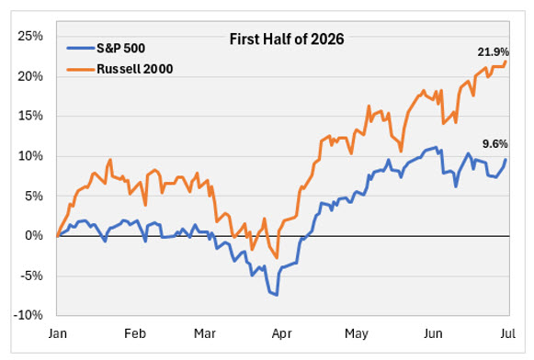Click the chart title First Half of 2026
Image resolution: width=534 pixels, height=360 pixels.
[287, 39]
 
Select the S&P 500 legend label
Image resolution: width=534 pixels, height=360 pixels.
[121, 49]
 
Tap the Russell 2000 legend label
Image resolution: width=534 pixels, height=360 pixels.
[135, 69]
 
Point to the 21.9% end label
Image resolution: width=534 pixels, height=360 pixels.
[494, 52]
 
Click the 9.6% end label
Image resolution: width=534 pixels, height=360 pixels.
[495, 144]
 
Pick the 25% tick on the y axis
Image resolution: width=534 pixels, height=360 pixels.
[30, 36]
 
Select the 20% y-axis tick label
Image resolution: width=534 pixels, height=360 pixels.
[30, 76]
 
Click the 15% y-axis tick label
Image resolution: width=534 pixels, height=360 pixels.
[30, 116]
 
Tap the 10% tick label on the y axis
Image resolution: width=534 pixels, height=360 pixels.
[30, 156]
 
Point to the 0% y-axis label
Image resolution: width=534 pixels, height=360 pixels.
[34, 235]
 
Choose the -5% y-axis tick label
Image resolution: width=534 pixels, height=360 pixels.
[31, 276]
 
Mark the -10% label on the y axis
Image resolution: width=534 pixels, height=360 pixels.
[28, 315]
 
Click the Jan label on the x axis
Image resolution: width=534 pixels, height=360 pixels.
[58, 333]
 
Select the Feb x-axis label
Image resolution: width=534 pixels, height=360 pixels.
[135, 333]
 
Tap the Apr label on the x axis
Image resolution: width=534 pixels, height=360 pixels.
[281, 333]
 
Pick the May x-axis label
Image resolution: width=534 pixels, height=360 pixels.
[357, 333]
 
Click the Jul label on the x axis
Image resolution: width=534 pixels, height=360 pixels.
[507, 333]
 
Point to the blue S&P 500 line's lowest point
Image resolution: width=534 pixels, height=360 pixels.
[277, 295]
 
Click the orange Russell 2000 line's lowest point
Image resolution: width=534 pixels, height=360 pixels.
[277, 258]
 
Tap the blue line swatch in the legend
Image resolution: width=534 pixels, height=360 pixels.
[81, 49]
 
